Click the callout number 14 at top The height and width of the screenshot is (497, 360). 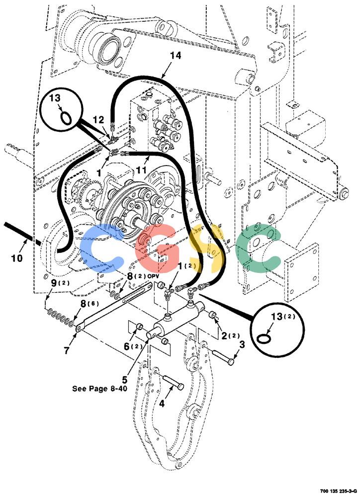pyautogui.click(x=176, y=56)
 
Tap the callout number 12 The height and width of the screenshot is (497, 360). pyautogui.click(x=98, y=120)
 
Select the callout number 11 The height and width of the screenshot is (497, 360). pyautogui.click(x=141, y=170)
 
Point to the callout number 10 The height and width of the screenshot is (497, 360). pyautogui.click(x=17, y=258)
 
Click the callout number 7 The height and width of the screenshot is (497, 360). pyautogui.click(x=66, y=350)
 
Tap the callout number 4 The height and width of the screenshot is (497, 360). pyautogui.click(x=162, y=404)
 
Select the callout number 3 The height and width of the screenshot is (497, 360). pyautogui.click(x=242, y=344)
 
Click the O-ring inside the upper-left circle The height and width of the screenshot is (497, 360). pyautogui.click(x=66, y=119)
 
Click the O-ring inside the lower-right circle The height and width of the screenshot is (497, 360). pyautogui.click(x=264, y=338)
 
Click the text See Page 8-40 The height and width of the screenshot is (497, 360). pyautogui.click(x=99, y=389)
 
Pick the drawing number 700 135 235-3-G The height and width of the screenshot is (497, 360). pyautogui.click(x=339, y=491)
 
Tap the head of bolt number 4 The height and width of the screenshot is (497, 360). pyautogui.click(x=180, y=387)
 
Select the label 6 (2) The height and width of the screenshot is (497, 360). pyautogui.click(x=133, y=346)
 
